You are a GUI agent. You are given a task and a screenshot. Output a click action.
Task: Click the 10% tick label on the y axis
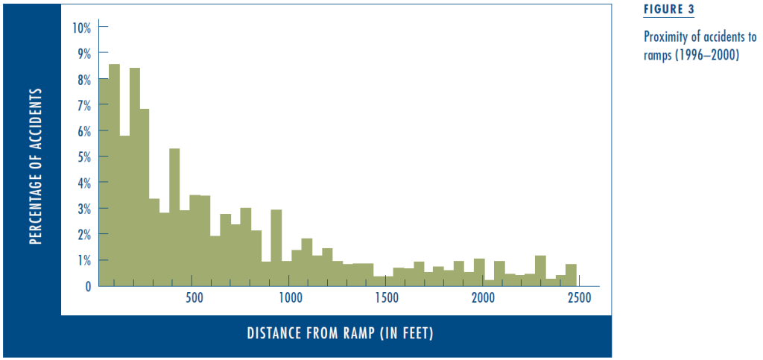81,28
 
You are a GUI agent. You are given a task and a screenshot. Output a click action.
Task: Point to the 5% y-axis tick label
84,157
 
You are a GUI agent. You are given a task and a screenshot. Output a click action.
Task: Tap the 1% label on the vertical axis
84,260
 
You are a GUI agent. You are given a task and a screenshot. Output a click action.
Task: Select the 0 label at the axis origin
87,286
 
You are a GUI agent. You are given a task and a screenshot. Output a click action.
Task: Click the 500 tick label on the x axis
194,298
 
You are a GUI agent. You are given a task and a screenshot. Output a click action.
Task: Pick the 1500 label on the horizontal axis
385,298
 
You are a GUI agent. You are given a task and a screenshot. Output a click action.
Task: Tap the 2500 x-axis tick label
578,298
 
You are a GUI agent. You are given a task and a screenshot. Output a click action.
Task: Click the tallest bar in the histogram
114,175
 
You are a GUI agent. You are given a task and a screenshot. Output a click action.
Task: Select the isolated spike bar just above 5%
174,218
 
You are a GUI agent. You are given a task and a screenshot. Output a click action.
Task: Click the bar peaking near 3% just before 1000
276,248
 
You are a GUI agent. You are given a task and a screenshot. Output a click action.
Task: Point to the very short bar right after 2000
490,283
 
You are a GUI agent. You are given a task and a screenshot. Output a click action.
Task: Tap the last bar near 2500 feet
572,275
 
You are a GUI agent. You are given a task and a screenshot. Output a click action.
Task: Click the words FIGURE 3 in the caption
668,10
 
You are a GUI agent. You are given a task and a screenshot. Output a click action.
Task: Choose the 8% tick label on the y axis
84,79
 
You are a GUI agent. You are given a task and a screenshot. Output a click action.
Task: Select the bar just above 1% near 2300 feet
540,271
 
